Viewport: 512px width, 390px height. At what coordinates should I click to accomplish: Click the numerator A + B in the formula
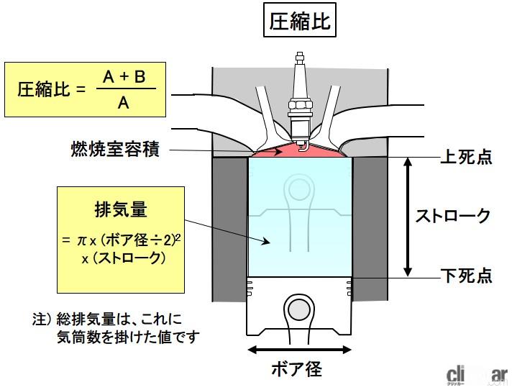[124, 78]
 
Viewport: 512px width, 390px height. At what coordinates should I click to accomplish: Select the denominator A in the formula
[124, 104]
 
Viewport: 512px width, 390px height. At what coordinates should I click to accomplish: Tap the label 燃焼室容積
[114, 150]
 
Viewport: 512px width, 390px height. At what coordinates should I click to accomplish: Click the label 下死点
[465, 275]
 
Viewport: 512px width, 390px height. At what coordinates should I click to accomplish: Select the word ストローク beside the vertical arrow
[454, 215]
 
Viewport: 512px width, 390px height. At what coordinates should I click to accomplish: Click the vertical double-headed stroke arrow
[408, 216]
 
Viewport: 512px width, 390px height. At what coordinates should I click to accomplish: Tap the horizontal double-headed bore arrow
[299, 350]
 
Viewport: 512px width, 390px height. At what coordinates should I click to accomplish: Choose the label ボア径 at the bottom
[296, 370]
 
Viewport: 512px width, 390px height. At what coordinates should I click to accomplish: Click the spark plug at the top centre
[300, 94]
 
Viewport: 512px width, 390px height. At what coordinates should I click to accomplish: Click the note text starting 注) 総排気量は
[115, 327]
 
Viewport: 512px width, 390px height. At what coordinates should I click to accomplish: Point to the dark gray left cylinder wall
[229, 230]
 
